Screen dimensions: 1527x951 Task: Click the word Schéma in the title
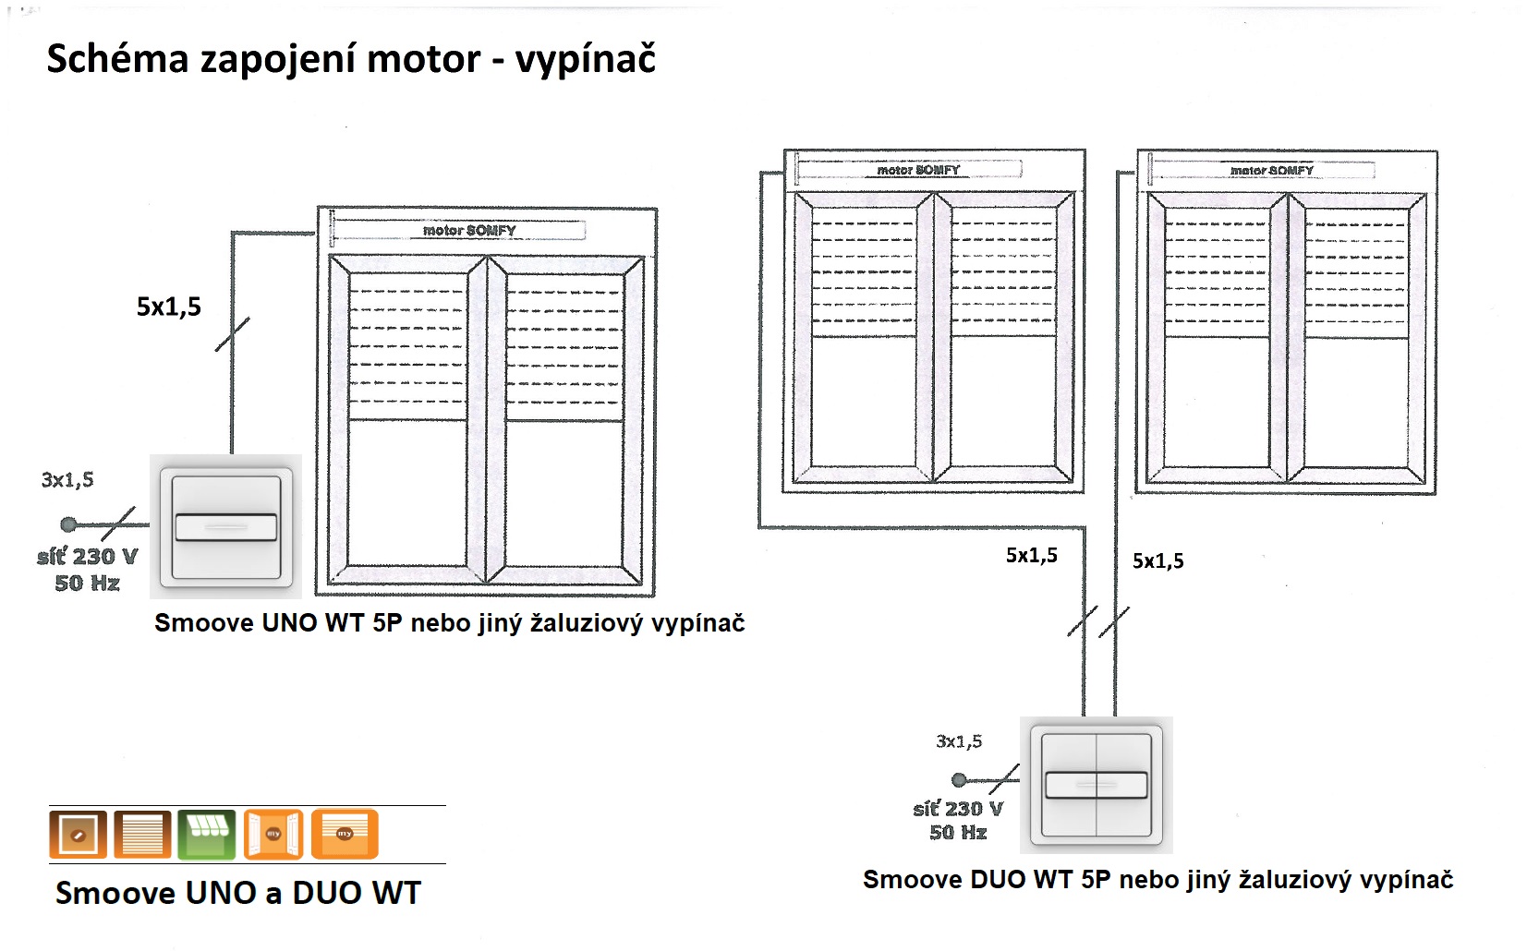point(117,58)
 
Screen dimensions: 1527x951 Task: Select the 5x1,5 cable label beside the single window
point(169,307)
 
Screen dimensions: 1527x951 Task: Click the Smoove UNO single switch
point(225,526)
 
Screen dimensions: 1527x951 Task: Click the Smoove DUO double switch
point(1097,785)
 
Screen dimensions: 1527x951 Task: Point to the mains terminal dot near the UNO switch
point(68,524)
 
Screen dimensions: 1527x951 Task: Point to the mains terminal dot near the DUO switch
point(959,779)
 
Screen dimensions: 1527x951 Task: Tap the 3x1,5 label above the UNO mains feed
point(67,479)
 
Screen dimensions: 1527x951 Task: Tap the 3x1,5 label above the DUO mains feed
point(959,741)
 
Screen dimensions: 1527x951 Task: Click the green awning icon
point(207,834)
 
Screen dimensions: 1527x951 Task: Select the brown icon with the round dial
point(78,834)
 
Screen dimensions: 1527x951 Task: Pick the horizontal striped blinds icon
point(142,834)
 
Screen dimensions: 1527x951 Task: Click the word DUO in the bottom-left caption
point(324,893)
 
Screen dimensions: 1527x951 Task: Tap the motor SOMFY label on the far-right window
point(1271,170)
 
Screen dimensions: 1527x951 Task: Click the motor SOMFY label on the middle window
point(918,170)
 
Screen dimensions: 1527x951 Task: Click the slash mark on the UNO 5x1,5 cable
point(233,334)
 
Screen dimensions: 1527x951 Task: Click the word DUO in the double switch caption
point(998,880)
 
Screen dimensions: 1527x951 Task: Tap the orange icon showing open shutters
point(273,834)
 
